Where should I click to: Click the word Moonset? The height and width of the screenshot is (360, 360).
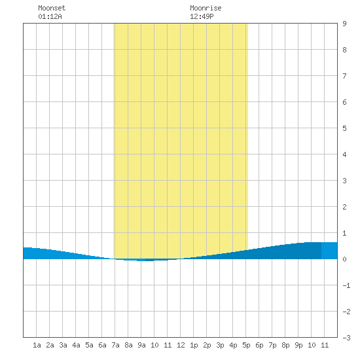[x=52, y=8]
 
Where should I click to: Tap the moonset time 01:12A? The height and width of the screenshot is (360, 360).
[x=50, y=16]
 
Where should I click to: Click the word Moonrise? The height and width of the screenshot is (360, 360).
[x=206, y=8]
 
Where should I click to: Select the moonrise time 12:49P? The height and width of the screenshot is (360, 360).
[x=202, y=16]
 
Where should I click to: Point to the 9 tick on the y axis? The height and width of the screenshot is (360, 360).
[x=344, y=24]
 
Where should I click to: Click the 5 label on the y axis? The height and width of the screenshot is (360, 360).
[x=344, y=128]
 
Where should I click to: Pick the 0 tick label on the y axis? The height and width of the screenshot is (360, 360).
[x=344, y=259]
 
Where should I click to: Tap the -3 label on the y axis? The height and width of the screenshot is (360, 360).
[x=347, y=338]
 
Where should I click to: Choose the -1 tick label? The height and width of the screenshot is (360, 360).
[x=347, y=285]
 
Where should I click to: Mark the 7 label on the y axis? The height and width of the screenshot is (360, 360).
[x=344, y=76]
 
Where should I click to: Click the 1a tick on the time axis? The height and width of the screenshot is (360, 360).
[x=37, y=345]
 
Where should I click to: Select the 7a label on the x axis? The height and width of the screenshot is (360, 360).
[x=115, y=345]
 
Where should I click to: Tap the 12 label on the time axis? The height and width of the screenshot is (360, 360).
[x=181, y=345]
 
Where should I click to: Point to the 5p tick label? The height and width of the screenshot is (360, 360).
[x=246, y=345]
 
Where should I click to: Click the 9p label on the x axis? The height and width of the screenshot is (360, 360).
[x=298, y=345]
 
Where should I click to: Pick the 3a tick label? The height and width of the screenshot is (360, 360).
[x=63, y=345]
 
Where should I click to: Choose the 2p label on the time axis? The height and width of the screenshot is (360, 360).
[x=207, y=345]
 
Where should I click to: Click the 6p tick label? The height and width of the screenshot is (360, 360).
[x=259, y=345]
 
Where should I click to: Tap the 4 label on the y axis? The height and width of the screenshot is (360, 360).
[x=344, y=154]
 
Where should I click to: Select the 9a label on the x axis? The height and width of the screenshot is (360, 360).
[x=141, y=345]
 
